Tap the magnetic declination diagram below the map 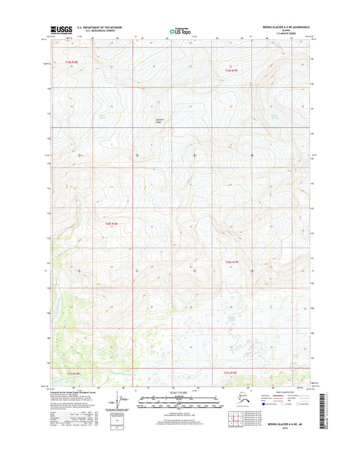click(x=122, y=404)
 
